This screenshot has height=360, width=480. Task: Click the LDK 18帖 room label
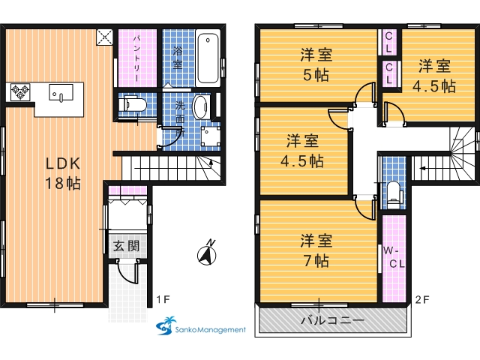pos(63,173)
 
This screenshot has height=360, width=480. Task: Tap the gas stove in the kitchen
pos(20,91)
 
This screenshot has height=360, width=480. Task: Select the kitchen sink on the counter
pos(61,93)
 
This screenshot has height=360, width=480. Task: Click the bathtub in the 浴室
pos(208,58)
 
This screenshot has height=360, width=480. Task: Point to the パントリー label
pos(137,58)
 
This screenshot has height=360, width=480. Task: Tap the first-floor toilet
pos(135,105)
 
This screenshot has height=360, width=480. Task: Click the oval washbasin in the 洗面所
pos(200,106)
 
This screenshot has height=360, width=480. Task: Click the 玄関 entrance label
pos(127,245)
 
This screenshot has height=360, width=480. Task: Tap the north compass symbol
pos(207,253)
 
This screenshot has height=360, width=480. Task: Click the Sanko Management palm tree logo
pos(166,325)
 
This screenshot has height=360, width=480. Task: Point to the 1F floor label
pos(163,299)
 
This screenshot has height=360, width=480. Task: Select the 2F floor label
pos(422,299)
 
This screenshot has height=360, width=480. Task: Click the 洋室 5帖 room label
pos(316,64)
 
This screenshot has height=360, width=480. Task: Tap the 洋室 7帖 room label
pos(316,250)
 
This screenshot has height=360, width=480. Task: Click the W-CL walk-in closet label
pos(394,257)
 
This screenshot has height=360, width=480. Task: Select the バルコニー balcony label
pos(333,320)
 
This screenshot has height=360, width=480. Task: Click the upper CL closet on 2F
pos(388,42)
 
